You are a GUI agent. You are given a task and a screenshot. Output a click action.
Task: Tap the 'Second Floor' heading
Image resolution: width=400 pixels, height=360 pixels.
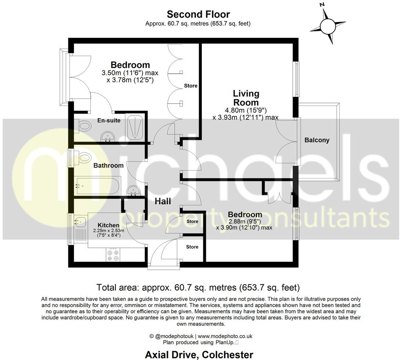[198, 14]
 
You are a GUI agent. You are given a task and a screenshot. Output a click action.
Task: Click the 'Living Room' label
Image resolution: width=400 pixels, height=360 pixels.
[245, 98]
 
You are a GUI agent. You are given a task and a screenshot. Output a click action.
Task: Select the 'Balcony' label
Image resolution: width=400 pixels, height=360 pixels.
[317, 140]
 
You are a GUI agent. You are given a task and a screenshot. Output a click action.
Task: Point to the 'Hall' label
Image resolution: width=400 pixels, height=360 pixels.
[162, 201]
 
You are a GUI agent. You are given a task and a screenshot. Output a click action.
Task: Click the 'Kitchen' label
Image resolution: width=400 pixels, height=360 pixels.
[108, 225]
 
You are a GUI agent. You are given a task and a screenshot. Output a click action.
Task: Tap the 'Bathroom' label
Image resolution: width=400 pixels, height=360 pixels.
[108, 166]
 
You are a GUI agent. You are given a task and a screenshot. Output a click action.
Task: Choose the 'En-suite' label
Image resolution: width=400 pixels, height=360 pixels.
[109, 120]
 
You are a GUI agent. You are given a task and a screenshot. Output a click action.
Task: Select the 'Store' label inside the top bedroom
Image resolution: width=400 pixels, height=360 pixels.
[191, 86]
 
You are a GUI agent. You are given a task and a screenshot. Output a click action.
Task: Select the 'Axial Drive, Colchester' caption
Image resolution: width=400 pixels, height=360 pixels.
[199, 355]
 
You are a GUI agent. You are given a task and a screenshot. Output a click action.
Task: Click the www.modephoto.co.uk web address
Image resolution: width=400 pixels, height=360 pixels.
[225, 336]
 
